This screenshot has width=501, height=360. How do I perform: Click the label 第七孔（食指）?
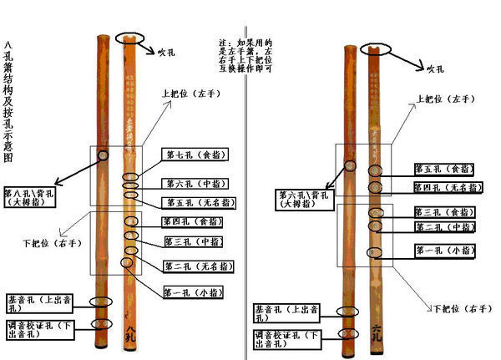click(x=196, y=155)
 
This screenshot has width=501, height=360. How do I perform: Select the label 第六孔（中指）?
click(x=196, y=184)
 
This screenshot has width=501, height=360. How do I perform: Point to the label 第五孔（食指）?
click(x=447, y=169)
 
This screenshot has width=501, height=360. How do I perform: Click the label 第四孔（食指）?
click(x=195, y=222)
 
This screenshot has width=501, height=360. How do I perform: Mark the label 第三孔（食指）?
click(x=447, y=211)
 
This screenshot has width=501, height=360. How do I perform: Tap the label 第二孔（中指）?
click(x=447, y=226)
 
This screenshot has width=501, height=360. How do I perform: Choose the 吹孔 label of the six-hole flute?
click(x=438, y=69)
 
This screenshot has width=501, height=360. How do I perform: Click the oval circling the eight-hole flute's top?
click(x=129, y=38)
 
